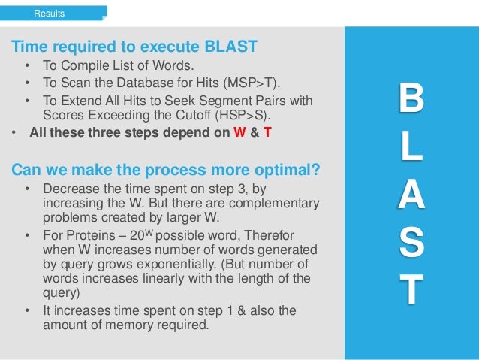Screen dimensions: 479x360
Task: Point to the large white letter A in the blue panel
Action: pyautogui.click(x=410, y=198)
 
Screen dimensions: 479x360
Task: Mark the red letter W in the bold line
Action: pyautogui.click(x=240, y=135)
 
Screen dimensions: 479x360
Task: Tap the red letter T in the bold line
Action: pyautogui.click(x=267, y=135)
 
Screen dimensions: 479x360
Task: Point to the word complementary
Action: pyautogui.click(x=271, y=204)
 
